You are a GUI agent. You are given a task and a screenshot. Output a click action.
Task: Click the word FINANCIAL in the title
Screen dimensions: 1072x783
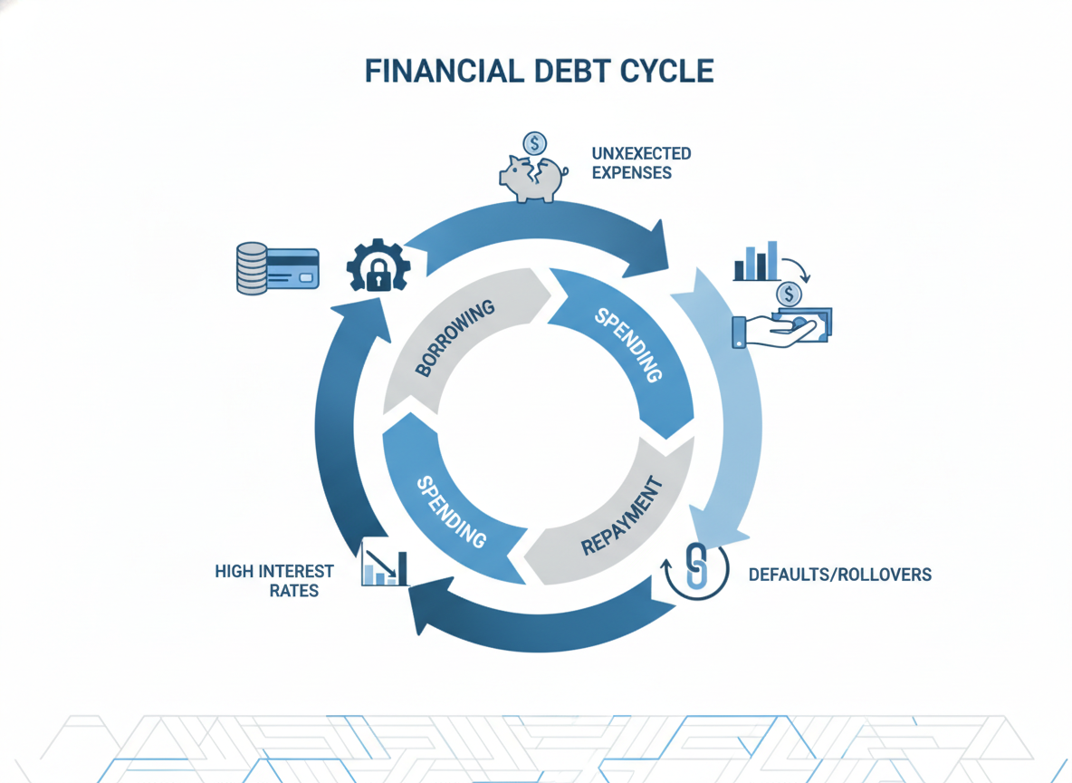445,72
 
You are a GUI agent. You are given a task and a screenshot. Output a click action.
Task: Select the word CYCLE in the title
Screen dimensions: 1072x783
667,72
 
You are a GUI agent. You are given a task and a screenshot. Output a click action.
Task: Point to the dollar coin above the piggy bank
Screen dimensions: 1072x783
534,144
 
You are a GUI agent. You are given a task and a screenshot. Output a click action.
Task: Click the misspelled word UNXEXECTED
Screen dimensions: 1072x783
641,153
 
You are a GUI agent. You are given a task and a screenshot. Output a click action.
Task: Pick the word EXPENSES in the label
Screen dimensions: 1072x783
632,172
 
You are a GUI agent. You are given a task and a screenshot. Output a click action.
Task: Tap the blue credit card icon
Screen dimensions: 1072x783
292,268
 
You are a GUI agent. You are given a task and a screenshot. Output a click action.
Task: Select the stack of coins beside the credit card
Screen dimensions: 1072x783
252,268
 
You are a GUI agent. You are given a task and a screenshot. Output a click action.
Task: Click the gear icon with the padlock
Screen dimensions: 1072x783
378,266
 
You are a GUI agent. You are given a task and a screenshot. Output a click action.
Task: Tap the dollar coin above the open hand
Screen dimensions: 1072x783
789,295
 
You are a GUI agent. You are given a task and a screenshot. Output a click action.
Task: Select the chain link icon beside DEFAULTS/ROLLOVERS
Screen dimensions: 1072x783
695,569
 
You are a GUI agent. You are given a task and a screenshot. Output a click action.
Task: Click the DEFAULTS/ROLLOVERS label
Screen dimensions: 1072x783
840,575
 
